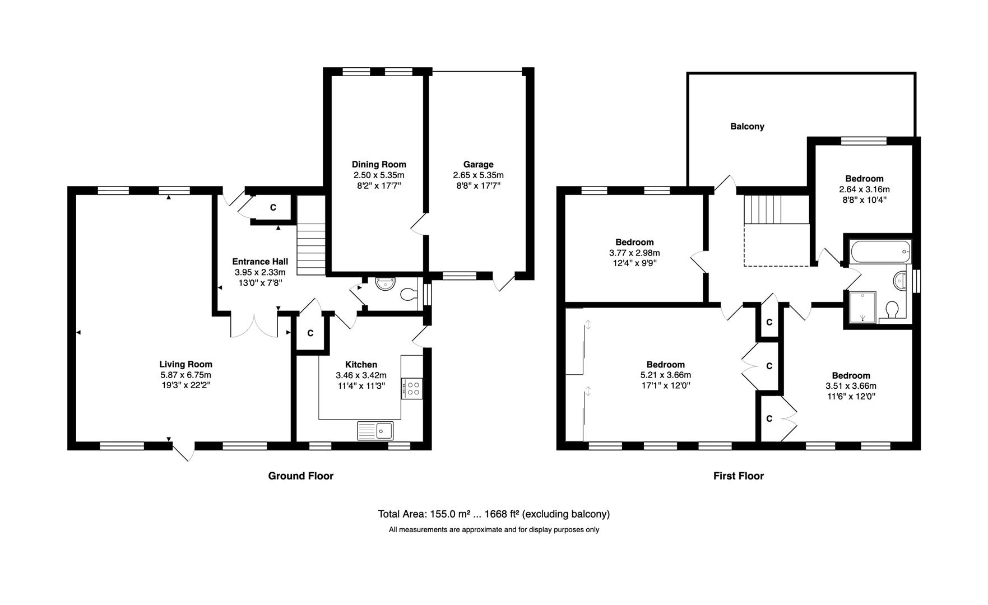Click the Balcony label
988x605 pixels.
click(x=747, y=127)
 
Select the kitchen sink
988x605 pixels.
click(x=376, y=430)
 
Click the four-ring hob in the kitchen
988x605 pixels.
click(x=412, y=388)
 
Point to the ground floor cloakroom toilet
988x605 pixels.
click(x=410, y=294)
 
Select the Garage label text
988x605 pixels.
click(x=478, y=164)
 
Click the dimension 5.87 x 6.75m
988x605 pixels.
click(x=185, y=375)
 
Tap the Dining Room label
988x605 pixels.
click(x=379, y=164)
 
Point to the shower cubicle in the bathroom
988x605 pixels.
click(x=861, y=307)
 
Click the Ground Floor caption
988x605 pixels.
click(x=300, y=476)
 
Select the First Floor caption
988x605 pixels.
click(x=738, y=476)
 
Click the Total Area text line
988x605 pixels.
click(x=494, y=514)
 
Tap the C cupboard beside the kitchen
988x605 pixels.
click(x=310, y=334)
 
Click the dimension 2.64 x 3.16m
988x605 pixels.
click(x=864, y=189)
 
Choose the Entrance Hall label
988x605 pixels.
click(x=260, y=262)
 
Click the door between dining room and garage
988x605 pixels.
click(x=419, y=224)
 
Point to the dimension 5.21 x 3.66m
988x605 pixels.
click(x=665, y=375)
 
